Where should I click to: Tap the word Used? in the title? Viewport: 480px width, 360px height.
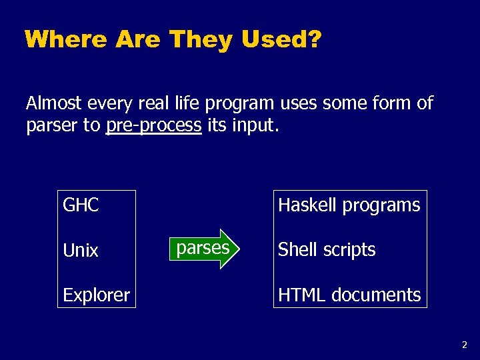coord(281,40)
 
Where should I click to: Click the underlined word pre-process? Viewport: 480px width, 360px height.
coord(153,125)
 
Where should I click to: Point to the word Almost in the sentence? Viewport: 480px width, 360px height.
coord(54,103)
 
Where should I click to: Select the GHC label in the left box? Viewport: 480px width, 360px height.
coord(81,205)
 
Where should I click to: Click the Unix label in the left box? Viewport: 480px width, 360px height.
coord(81,251)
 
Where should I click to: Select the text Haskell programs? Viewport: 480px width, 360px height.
coord(349,205)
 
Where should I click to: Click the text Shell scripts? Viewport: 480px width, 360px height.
coord(327,250)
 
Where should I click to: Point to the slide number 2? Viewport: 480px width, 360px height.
coord(465,345)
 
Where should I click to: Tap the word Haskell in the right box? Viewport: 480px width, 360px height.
coord(307,205)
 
